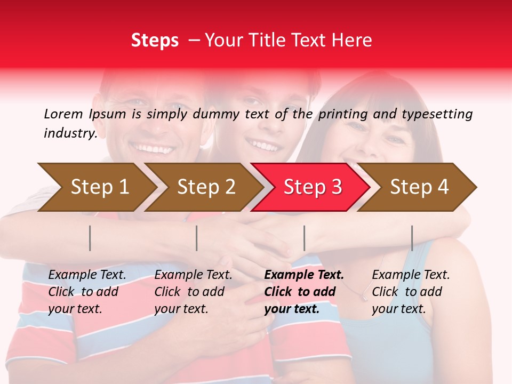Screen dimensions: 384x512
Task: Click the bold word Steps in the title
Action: pyautogui.click(x=155, y=41)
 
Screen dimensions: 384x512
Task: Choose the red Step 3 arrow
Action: pyautogui.click(x=313, y=187)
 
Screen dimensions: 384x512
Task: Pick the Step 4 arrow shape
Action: pyautogui.click(x=419, y=187)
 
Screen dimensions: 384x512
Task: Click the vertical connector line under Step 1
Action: pyautogui.click(x=90, y=238)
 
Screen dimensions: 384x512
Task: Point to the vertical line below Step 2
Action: pyautogui.click(x=197, y=238)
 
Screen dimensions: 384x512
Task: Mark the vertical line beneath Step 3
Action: pyautogui.click(x=304, y=238)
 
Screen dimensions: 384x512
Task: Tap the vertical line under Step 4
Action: pyautogui.click(x=412, y=238)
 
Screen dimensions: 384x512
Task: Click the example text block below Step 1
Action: pyautogui.click(x=87, y=292)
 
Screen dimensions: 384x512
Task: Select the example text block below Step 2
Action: pyautogui.click(x=193, y=292)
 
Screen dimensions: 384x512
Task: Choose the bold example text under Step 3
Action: pyautogui.click(x=304, y=292)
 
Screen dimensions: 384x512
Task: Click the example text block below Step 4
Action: pyautogui.click(x=411, y=292)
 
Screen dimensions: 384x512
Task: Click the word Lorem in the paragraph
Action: pyautogui.click(x=63, y=114)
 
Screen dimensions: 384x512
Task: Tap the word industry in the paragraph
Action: pyautogui.click(x=70, y=133)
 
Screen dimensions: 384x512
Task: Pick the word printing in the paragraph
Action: pyautogui.click(x=348, y=114)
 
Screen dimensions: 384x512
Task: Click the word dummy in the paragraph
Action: pyautogui.click(x=218, y=114)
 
